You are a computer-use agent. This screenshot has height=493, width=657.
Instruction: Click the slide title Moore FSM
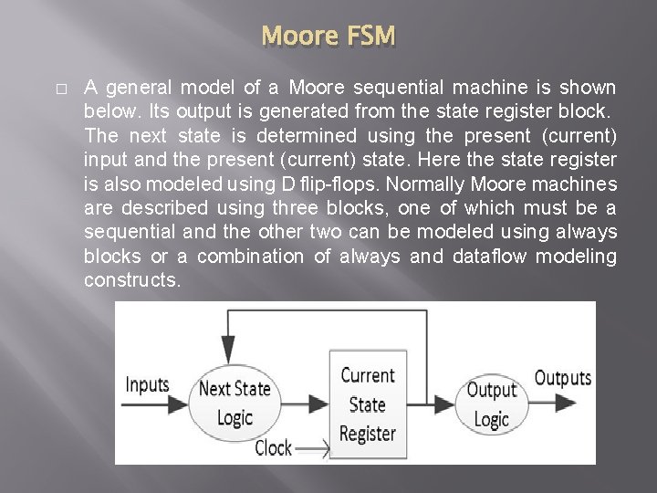click(x=328, y=37)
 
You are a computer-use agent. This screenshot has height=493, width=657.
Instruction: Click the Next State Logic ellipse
click(x=235, y=404)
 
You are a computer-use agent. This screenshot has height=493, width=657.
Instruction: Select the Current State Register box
click(x=368, y=404)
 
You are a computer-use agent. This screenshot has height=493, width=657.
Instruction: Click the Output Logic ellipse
click(x=491, y=404)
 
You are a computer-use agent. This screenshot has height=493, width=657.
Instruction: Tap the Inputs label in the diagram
click(x=147, y=384)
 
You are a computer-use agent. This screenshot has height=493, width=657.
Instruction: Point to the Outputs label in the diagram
click(x=562, y=378)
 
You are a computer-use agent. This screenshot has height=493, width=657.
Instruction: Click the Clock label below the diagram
click(x=273, y=447)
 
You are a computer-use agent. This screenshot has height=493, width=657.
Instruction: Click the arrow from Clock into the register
click(x=312, y=448)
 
